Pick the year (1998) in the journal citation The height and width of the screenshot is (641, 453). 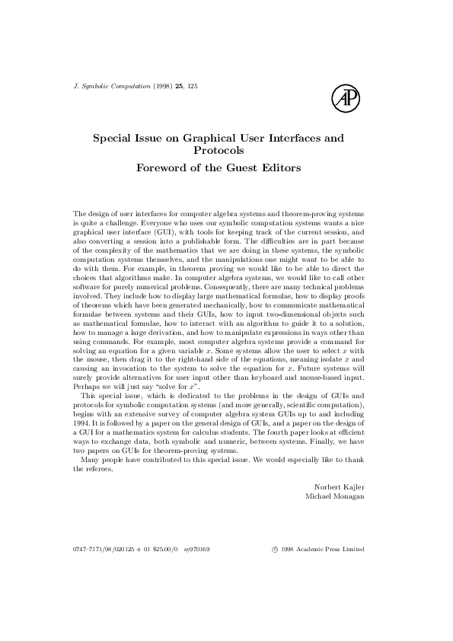point(161,86)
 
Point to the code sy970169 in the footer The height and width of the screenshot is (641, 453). point(197,549)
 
